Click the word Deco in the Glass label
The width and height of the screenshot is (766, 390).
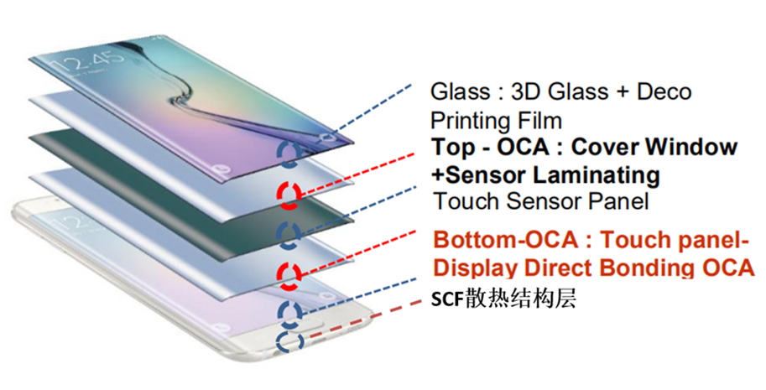[x=659, y=91]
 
